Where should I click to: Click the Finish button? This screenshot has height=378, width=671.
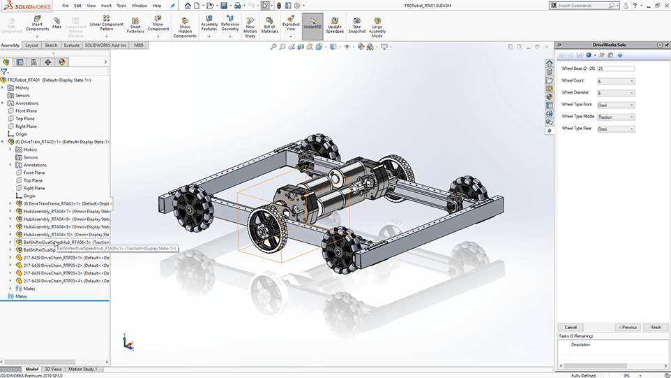click(656, 327)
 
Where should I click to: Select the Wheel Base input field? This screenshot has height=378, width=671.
click(615, 68)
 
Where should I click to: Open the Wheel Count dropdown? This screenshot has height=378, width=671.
click(615, 81)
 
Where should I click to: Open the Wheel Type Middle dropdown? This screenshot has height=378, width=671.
click(615, 117)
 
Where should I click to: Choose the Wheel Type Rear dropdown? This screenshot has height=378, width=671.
click(615, 129)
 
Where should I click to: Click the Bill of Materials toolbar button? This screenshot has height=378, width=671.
click(269, 24)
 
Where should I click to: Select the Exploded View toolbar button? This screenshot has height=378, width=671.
click(290, 24)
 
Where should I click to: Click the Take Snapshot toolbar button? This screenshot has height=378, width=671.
click(356, 24)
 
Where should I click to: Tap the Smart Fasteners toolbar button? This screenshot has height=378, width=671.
click(135, 24)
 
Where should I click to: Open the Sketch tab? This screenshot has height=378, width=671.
click(51, 45)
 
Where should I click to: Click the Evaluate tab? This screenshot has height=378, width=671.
click(71, 45)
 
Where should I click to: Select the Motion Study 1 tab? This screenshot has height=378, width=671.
click(82, 369)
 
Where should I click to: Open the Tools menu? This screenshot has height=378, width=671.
click(121, 6)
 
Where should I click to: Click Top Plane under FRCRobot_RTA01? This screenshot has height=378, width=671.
click(26, 119)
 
